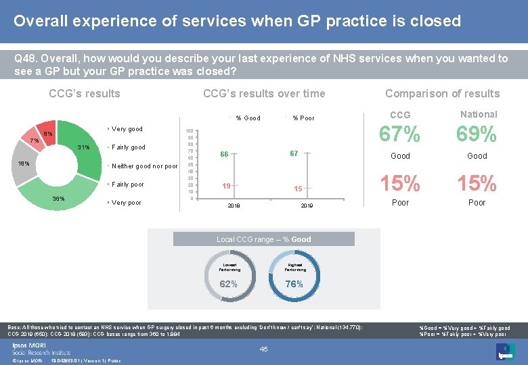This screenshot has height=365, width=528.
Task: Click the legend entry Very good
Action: click(x=127, y=128)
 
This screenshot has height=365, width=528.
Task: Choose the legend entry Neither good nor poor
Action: click(x=144, y=166)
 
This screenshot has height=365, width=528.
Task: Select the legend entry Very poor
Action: click(x=127, y=203)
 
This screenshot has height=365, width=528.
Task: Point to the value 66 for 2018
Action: click(x=224, y=155)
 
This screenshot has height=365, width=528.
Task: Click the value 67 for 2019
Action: click(x=294, y=154)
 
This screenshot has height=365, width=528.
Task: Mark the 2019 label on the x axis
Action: click(x=307, y=205)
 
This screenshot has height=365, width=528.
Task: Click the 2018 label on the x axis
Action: click(x=234, y=205)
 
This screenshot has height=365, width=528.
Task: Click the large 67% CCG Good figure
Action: click(x=399, y=135)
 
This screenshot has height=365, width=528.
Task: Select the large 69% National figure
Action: click(x=477, y=135)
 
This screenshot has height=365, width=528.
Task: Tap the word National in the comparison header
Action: click(x=478, y=114)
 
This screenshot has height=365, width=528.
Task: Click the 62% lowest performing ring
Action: click(x=229, y=274)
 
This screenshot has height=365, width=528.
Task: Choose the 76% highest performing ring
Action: click(x=294, y=274)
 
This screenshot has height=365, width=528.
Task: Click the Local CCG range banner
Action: click(x=263, y=239)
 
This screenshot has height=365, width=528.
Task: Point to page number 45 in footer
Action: click(x=264, y=349)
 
